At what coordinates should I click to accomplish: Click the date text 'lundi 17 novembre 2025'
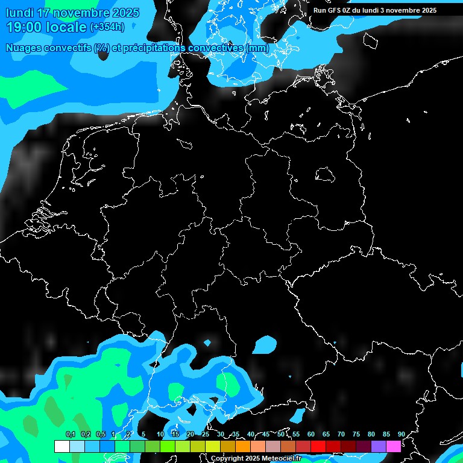pos(72,13)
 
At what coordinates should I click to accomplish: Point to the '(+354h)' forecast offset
pos(107,27)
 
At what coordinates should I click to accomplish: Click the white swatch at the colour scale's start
pos(61,446)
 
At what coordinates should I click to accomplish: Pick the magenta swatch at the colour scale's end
pos(393,446)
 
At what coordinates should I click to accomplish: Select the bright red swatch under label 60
pos(318,446)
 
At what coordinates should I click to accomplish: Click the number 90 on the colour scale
pos(402,434)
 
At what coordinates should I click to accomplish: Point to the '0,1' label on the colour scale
pos(70,434)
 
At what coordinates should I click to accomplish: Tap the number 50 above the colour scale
pos(281,434)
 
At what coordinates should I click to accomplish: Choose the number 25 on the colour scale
pos(206,434)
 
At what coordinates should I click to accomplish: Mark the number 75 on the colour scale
pos(356,434)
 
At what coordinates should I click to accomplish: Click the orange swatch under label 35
pos(242,446)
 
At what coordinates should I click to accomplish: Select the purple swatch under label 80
pos(378,446)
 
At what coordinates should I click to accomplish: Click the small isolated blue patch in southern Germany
pos(263,344)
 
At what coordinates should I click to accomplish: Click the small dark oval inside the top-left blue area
pos(103,54)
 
